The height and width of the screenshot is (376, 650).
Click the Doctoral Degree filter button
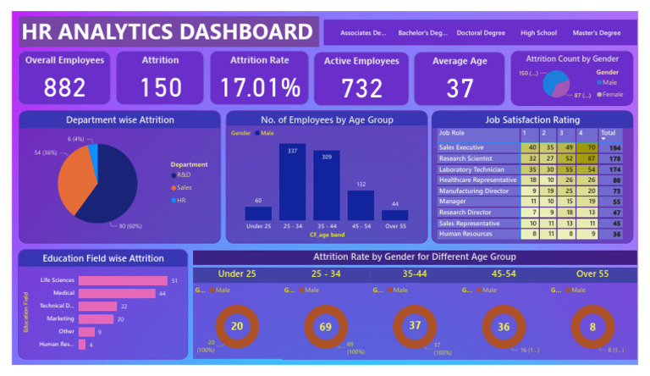tap(481, 33)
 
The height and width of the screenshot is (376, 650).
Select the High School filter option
tap(538, 33)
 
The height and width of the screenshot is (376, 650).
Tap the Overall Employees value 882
tap(64, 87)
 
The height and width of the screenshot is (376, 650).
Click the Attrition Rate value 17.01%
tap(261, 87)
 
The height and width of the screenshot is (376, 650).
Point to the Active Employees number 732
tap(361, 87)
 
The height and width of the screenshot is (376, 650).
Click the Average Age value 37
tap(460, 87)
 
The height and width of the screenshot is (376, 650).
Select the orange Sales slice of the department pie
tap(74, 180)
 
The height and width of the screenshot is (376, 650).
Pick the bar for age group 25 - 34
tap(292, 182)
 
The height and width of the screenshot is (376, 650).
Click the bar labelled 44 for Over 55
tap(394, 215)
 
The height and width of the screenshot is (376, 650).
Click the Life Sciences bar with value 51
tap(123, 280)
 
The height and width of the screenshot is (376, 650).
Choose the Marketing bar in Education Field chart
tap(96, 319)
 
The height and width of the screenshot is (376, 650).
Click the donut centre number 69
tap(327, 326)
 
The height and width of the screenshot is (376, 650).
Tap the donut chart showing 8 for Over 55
tap(592, 326)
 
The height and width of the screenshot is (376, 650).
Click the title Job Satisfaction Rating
tap(532, 120)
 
